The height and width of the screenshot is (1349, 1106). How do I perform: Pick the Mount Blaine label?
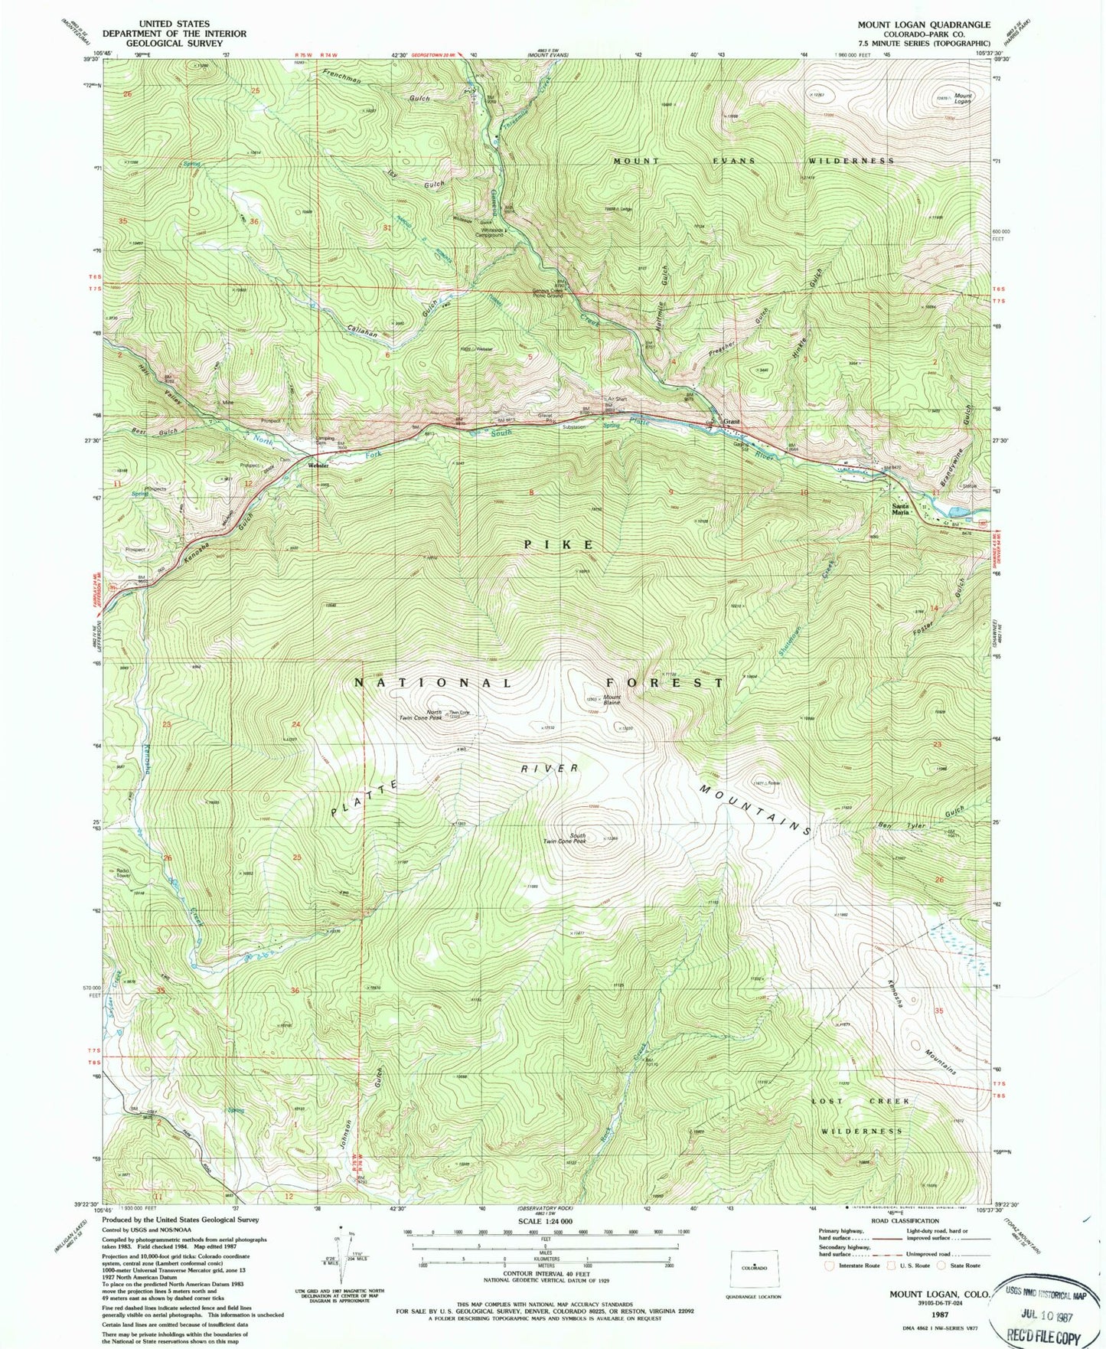click(612, 700)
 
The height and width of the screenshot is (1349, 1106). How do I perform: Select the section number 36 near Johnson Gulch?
click(295, 991)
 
